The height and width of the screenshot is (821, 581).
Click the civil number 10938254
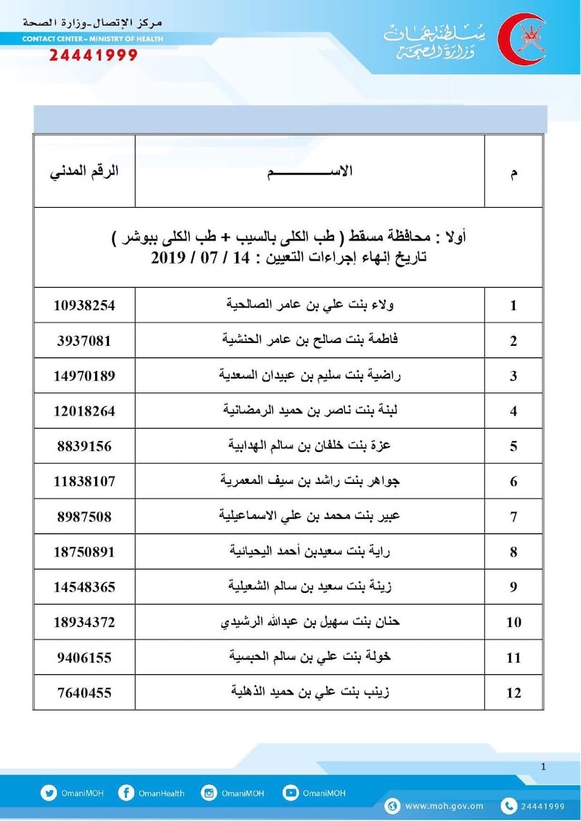point(84,305)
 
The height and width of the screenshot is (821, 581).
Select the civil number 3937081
point(84,341)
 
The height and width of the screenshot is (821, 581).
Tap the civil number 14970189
point(84,376)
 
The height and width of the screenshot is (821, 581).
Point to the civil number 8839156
point(84,446)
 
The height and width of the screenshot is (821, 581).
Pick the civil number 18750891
point(84,551)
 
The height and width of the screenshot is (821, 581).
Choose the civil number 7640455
point(84,692)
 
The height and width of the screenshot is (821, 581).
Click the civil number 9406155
point(84,658)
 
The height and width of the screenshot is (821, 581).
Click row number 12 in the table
point(513,693)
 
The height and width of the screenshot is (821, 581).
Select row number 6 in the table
point(513,482)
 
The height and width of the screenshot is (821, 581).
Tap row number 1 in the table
point(513,306)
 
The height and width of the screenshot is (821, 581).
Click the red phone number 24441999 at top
point(94,56)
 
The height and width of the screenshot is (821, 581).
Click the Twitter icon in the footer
point(49,793)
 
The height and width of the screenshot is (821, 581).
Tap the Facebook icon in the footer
point(126,793)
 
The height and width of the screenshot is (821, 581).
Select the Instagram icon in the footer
point(209,793)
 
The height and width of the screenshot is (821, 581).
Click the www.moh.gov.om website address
point(444,805)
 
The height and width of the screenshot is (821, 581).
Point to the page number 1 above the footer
point(543,767)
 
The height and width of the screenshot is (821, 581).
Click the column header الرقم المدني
point(84,173)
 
